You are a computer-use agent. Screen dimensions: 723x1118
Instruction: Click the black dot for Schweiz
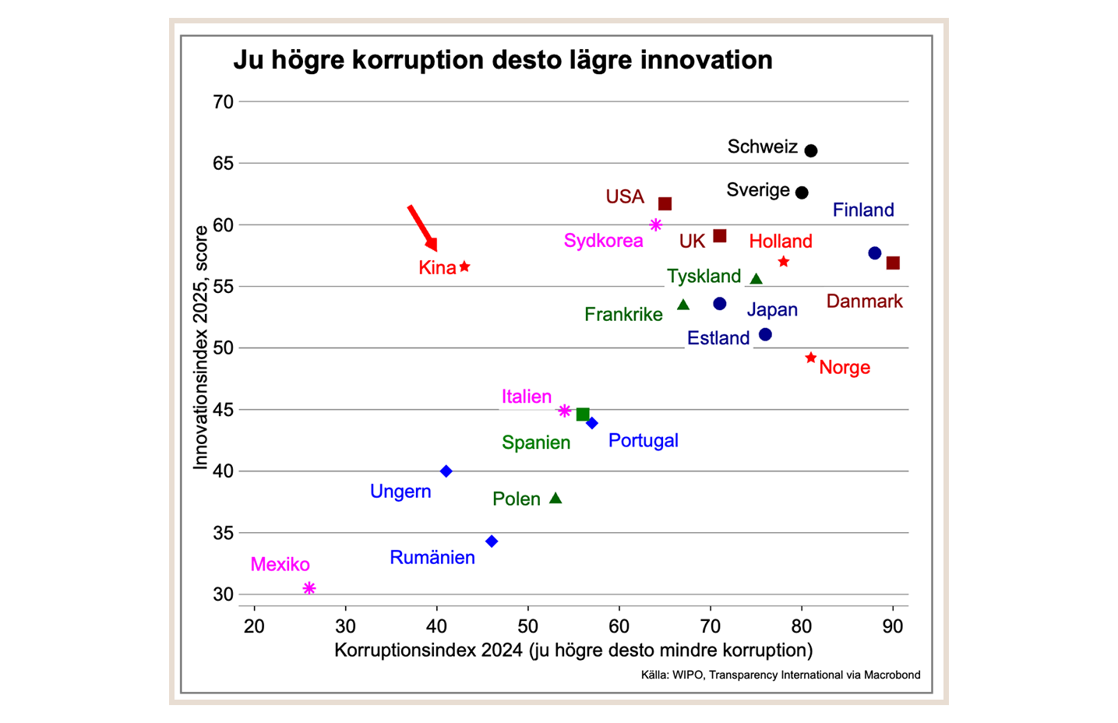pyautogui.click(x=811, y=150)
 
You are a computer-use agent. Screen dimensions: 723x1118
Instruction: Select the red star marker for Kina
pyautogui.click(x=464, y=266)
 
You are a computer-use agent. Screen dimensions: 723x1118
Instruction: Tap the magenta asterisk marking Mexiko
pyautogui.click(x=309, y=588)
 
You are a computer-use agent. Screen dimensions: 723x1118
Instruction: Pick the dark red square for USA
pyautogui.click(x=665, y=204)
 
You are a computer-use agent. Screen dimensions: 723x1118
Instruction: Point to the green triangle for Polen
pyautogui.click(x=555, y=498)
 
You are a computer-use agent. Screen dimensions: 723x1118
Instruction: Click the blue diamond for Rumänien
pyautogui.click(x=492, y=541)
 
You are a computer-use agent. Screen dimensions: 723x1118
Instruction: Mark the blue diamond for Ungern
pyautogui.click(x=446, y=471)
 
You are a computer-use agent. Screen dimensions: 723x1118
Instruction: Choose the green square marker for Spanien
pyautogui.click(x=583, y=414)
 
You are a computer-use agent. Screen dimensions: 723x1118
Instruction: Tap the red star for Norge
pyautogui.click(x=811, y=358)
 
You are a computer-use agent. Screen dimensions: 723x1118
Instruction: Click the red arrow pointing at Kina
pyautogui.click(x=422, y=227)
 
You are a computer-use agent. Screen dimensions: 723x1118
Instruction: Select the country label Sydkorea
pyautogui.click(x=603, y=241)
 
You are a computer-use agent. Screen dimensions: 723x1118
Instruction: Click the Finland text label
pyautogui.click(x=863, y=210)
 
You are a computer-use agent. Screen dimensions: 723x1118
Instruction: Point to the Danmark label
pyautogui.click(x=864, y=302)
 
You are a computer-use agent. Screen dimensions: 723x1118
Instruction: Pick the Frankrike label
pyautogui.click(x=623, y=315)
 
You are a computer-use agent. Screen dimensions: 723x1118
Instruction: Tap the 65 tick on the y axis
pyautogui.click(x=223, y=164)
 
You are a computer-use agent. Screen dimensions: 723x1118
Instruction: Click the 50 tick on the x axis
pyautogui.click(x=527, y=626)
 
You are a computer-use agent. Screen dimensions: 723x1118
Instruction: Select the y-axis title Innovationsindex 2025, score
pyautogui.click(x=201, y=347)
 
